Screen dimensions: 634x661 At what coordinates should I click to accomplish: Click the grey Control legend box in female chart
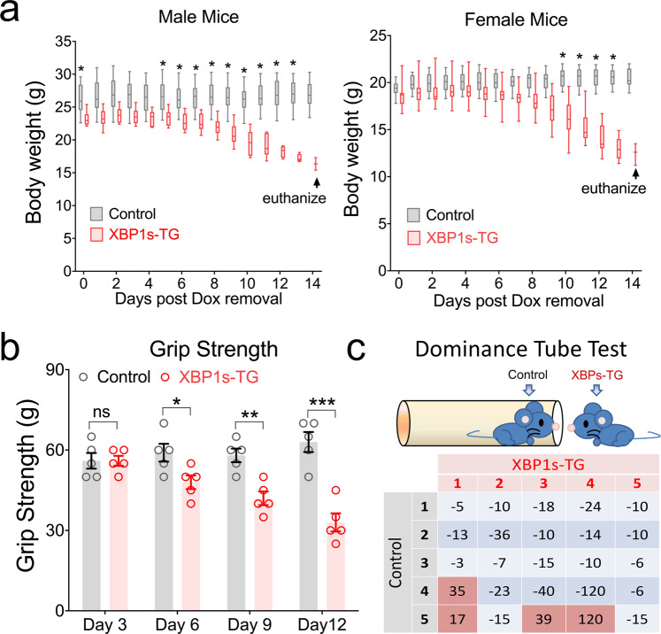pos(414,214)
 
